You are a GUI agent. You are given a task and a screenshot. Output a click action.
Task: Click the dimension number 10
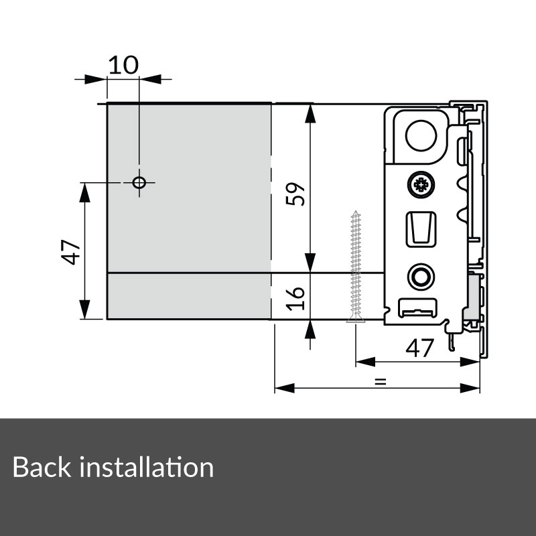pyautogui.click(x=123, y=65)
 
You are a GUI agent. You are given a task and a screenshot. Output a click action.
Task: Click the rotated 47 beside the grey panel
pyautogui.click(x=71, y=251)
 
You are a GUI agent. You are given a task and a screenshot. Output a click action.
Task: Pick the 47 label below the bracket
pyautogui.click(x=421, y=348)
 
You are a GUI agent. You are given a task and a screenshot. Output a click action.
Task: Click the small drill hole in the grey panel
pyautogui.click(x=139, y=183)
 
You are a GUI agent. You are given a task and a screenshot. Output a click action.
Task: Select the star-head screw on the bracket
pyautogui.click(x=421, y=184)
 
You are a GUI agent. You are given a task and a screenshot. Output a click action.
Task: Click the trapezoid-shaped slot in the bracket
pyautogui.click(x=421, y=228)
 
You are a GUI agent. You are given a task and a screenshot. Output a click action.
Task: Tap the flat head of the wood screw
pyautogui.click(x=355, y=320)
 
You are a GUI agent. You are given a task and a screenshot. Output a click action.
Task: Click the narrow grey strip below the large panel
pyautogui.click(x=190, y=296)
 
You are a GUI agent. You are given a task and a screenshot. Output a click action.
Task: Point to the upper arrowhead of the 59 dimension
pyautogui.click(x=310, y=114)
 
